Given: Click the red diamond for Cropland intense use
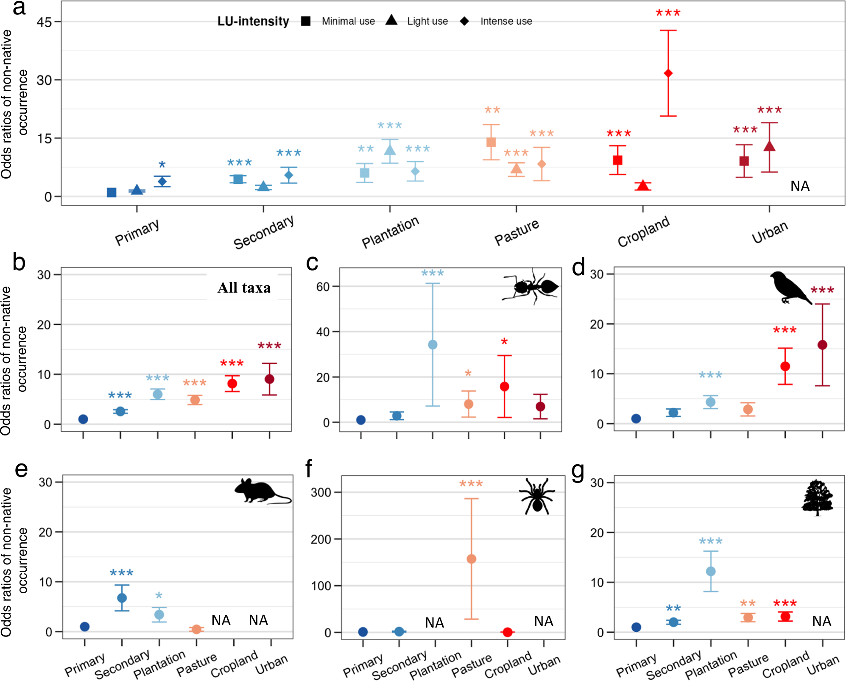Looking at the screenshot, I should click(x=668, y=73).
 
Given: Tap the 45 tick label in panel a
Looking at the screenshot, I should click(x=44, y=22).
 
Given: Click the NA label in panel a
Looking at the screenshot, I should click(x=800, y=186).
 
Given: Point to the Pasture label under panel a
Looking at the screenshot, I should click(x=517, y=232).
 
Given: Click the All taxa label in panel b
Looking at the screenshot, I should click(x=244, y=288).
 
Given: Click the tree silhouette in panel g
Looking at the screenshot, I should click(x=817, y=497).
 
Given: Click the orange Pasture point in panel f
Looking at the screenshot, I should click(x=471, y=559).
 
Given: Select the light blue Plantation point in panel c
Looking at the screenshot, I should click(x=433, y=344).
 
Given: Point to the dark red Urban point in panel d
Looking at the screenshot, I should click(x=822, y=345).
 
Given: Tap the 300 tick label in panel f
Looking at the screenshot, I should click(x=321, y=492).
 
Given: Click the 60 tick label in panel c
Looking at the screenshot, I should click(x=323, y=287).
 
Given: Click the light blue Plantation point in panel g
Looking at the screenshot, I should click(x=711, y=571).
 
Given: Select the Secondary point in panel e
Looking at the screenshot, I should click(x=122, y=598).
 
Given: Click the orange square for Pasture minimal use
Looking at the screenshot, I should click(x=491, y=142).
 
